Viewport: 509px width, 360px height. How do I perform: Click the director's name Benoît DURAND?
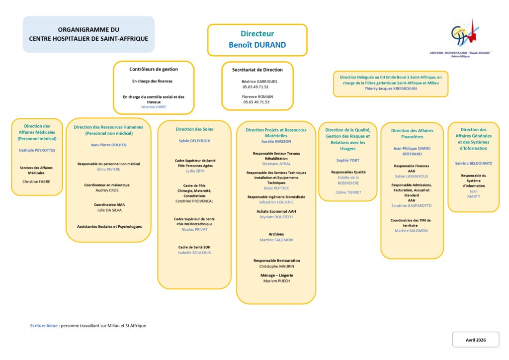257,45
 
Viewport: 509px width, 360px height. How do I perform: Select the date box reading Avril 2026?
475,340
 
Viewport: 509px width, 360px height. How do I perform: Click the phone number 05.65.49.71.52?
255,87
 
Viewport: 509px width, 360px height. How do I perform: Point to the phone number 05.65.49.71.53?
256,102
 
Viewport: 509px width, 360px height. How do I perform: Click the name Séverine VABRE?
154,107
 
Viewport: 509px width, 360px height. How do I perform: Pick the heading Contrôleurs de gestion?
154,69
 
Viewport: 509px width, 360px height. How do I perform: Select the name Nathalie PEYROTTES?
37,150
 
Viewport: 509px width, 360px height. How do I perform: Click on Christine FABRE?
36,181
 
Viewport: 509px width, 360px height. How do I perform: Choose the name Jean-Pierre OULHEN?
108,145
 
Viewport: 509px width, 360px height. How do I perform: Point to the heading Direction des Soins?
194,129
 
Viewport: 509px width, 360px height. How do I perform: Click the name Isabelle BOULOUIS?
194,253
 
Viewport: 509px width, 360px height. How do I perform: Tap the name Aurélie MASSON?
276,142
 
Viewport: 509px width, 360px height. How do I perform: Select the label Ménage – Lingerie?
276,275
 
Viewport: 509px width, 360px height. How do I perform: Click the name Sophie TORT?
348,161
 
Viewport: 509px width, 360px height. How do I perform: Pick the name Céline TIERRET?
348,192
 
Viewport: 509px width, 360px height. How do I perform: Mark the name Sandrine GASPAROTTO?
412,205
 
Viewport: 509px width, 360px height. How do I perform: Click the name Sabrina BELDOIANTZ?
473,163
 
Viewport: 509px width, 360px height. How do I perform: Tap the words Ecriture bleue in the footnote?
44,326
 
